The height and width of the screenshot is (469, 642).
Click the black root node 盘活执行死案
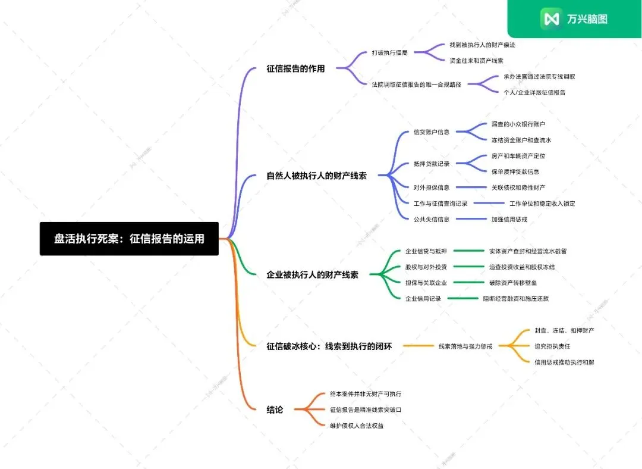point(129,239)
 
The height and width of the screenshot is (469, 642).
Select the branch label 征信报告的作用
point(295,68)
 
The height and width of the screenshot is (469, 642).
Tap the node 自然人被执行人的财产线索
point(316,176)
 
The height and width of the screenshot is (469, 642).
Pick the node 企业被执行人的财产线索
point(312,275)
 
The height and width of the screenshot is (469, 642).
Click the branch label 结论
point(275,409)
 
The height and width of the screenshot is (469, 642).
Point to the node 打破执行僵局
point(389,53)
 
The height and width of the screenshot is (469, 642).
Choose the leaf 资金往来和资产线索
point(476,61)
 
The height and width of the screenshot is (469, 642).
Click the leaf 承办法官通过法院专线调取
point(539,77)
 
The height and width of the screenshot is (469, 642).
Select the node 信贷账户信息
point(431,132)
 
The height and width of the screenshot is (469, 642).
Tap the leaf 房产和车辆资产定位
point(518,156)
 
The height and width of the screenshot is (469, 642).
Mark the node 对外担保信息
point(431,187)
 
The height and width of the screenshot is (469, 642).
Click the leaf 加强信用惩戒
point(509,219)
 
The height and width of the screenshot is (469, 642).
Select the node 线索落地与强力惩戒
point(465,346)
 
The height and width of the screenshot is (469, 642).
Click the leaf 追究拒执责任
point(553,346)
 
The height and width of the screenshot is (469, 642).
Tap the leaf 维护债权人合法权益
point(356,426)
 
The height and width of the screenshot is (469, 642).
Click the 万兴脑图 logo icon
point(551,19)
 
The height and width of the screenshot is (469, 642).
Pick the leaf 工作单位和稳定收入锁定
point(542,204)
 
